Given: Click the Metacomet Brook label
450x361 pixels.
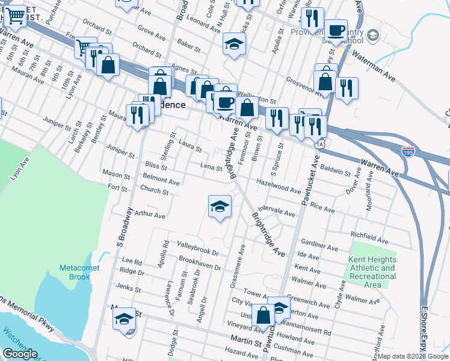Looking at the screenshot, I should [75, 272].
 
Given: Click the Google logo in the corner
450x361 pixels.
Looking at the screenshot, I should [20, 353].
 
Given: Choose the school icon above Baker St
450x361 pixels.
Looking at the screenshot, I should [234, 44].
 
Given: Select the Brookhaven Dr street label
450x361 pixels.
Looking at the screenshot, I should [200, 264].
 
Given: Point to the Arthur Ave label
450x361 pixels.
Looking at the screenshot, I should [150, 214].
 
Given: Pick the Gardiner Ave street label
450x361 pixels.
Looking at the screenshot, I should [318, 245].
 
